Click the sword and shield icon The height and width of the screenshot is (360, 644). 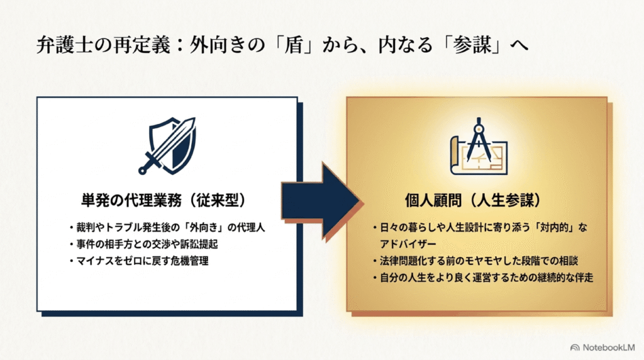(x=167, y=145)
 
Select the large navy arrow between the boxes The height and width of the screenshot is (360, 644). (x=321, y=201)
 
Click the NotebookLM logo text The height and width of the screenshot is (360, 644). (x=608, y=347)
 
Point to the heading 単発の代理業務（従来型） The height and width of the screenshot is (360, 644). (x=164, y=200)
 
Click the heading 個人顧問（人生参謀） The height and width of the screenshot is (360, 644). (x=472, y=200)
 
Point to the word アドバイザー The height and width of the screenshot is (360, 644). (x=408, y=244)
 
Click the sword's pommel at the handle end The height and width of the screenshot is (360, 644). (x=142, y=170)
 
